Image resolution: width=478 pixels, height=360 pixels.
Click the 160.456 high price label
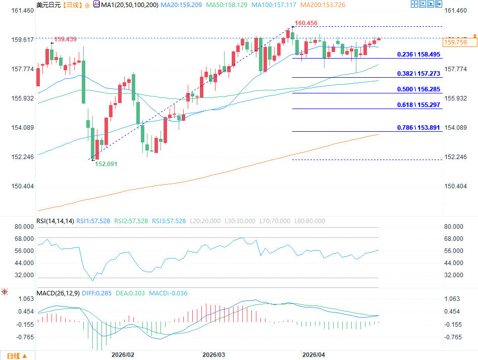tap(306, 23)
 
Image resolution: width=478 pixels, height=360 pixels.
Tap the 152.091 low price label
tap(107, 164)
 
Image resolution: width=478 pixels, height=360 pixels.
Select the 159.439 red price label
tap(65, 39)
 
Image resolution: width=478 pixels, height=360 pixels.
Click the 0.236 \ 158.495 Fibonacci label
tap(419, 54)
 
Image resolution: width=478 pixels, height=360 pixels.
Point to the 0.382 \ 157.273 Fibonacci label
tap(419, 73)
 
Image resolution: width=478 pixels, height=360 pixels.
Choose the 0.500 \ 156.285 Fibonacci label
tap(419, 89)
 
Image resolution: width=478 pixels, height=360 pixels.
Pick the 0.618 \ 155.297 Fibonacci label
tap(419, 105)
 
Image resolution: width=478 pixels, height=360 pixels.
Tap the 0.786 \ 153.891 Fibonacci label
tap(419, 127)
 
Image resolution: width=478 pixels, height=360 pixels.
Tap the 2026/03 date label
tap(213, 355)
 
